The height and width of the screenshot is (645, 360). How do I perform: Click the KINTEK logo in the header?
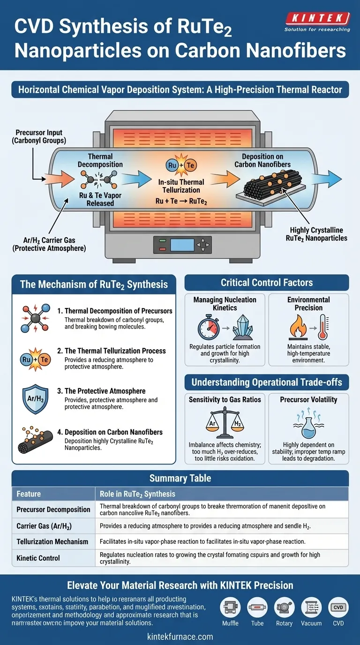point(317,19)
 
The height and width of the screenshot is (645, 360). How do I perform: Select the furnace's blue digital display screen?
point(179,245)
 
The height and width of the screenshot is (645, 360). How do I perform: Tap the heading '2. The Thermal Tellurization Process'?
point(115,351)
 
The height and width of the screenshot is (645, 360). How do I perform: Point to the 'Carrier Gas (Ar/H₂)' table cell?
point(49,526)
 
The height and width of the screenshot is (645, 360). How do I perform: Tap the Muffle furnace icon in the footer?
point(230,607)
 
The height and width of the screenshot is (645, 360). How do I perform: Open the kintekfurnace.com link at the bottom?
point(180,637)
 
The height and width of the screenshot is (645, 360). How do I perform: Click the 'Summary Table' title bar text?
point(180,479)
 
